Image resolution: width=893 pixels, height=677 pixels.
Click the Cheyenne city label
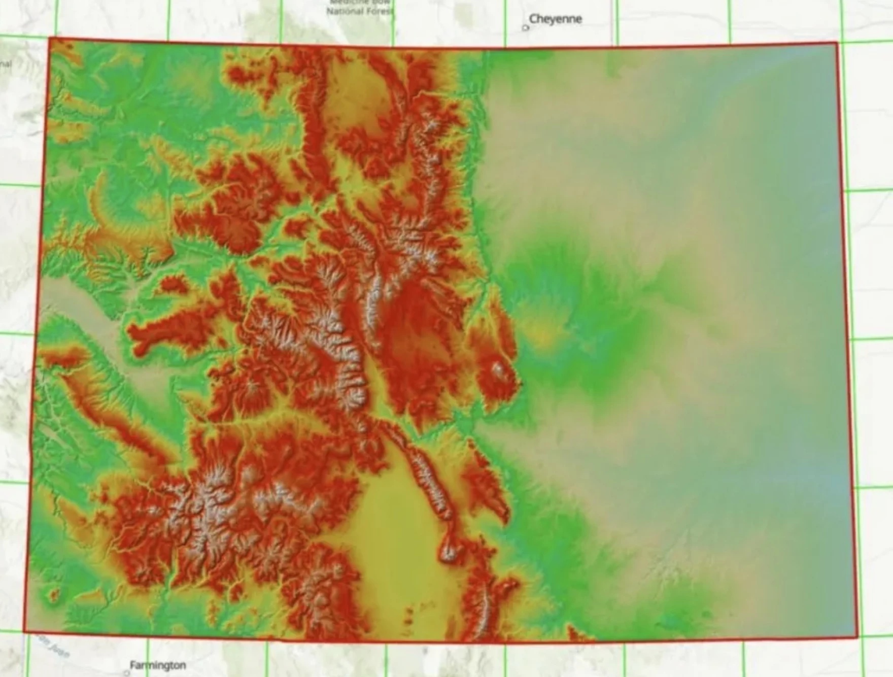pyautogui.click(x=555, y=19)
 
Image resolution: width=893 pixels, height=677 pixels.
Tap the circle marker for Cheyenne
pyautogui.click(x=526, y=28)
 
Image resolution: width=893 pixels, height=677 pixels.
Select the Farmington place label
pyautogui.click(x=158, y=665)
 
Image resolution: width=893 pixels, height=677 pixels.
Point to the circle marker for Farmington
pyautogui.click(x=127, y=673)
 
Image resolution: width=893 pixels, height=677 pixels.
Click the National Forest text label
pyautogui.click(x=359, y=11)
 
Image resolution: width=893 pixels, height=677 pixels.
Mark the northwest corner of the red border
pyautogui.click(x=50, y=38)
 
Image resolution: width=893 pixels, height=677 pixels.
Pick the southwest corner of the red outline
pyautogui.click(x=24, y=632)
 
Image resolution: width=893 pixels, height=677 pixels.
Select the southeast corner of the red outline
pyautogui.click(x=857, y=637)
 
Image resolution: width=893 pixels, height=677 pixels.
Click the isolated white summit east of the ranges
pyautogui.click(x=498, y=369)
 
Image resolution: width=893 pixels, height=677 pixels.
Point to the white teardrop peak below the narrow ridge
pyautogui.click(x=448, y=551)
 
